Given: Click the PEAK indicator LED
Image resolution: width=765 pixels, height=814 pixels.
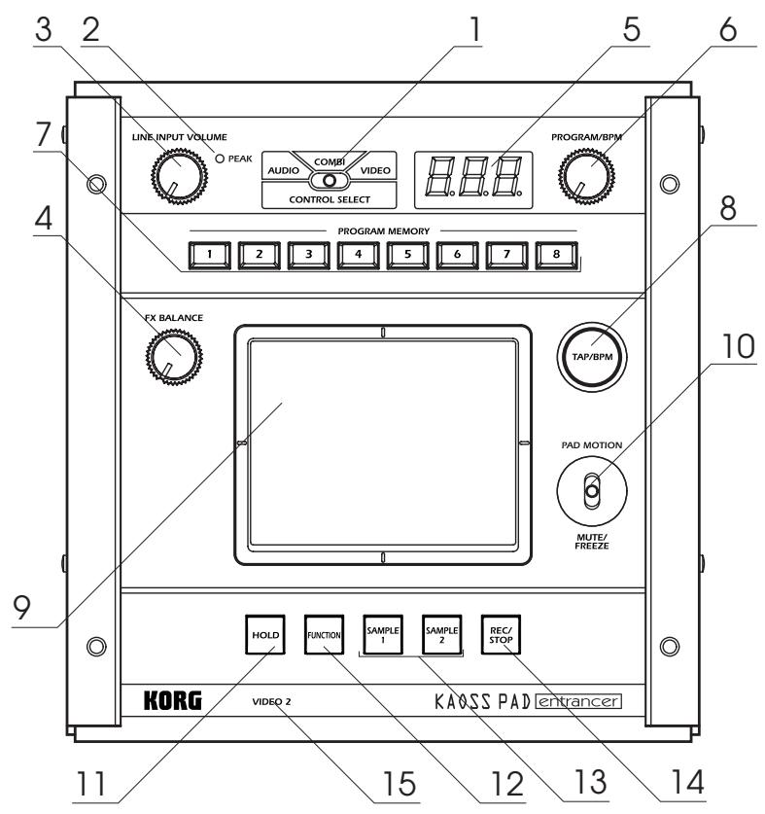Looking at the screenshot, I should pyautogui.click(x=222, y=159).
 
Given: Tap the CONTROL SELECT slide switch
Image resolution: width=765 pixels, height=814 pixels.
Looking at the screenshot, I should pyautogui.click(x=331, y=181).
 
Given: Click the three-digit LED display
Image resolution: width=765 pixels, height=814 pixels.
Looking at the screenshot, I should pyautogui.click(x=472, y=179).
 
